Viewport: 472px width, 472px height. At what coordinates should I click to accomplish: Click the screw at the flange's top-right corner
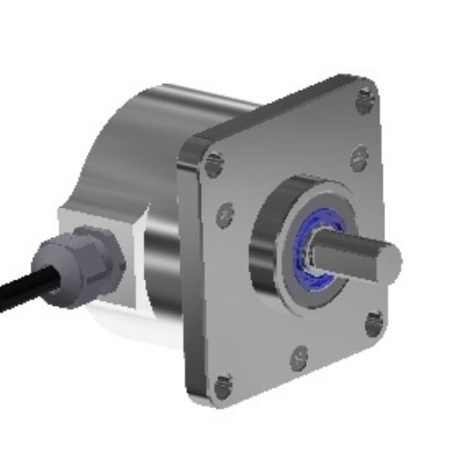(x=367, y=94)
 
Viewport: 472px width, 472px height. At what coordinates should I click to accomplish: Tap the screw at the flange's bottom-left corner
(x=223, y=386)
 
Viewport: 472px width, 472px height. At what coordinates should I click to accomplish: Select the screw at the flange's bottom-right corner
(x=374, y=324)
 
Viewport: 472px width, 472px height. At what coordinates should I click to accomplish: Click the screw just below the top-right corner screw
(x=358, y=157)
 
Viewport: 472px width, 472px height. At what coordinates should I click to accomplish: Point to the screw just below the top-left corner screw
(x=224, y=214)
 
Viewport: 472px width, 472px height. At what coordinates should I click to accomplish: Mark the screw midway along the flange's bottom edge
(x=300, y=357)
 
